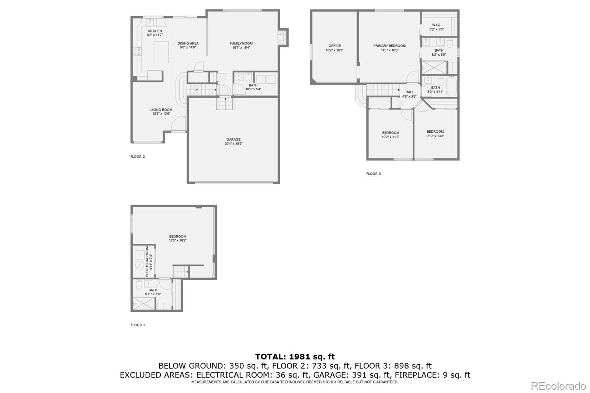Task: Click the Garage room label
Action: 233,142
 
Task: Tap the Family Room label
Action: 241,45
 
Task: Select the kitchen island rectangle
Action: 161,52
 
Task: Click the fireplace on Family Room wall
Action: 283,38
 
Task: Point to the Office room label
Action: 334,48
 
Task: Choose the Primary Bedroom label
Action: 389,48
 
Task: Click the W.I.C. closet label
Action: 436,27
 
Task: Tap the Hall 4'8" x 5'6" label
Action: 409,94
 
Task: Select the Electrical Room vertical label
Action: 149,261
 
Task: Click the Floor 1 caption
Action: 138,325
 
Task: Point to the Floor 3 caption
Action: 374,174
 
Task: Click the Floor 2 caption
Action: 138,157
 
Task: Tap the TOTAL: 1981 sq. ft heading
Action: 295,357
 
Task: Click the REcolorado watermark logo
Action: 558,386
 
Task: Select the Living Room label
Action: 161,111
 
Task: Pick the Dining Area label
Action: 188,45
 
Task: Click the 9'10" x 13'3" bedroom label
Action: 435,133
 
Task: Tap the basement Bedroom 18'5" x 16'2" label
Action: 178,238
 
